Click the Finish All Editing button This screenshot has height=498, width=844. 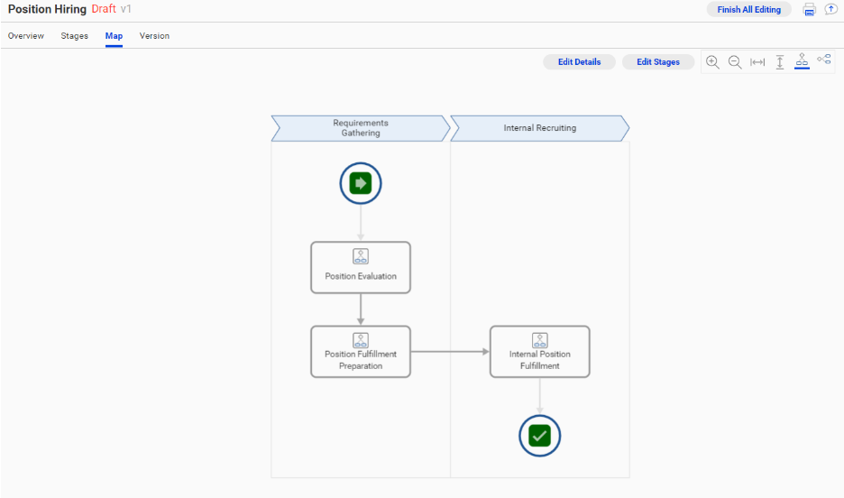(748, 9)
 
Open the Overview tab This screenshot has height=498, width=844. (26, 36)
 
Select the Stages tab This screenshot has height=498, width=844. (75, 36)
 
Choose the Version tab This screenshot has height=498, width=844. (154, 36)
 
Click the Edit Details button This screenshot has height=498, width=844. (579, 62)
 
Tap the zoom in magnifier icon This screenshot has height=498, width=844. (712, 61)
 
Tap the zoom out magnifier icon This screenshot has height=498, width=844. (735, 61)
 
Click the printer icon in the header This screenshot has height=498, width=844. (809, 10)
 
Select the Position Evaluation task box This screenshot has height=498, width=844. (361, 267)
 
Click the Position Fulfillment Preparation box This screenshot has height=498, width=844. (361, 352)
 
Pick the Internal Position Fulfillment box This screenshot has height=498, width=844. (539, 352)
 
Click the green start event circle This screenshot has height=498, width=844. (361, 184)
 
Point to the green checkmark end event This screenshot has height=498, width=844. (539, 437)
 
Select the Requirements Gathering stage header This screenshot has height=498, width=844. (361, 128)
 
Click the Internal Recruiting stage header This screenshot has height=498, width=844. (539, 128)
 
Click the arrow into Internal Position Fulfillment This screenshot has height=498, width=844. (450, 352)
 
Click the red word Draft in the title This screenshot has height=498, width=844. (104, 9)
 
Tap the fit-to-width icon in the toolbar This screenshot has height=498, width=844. (757, 61)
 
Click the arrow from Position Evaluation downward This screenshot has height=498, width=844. (361, 309)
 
